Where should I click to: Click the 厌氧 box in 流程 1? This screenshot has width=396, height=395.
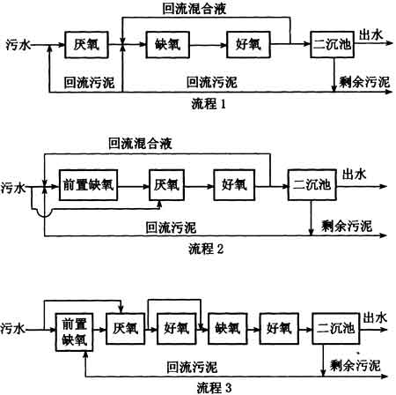click(x=86, y=45)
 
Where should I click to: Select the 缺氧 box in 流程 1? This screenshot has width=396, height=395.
click(x=168, y=45)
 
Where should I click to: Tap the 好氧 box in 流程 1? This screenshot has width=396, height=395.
click(x=248, y=45)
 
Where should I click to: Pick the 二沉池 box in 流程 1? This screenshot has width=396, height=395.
click(x=332, y=44)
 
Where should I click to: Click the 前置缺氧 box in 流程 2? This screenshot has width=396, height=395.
click(x=88, y=185)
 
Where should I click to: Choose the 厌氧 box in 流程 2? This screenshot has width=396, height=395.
click(x=166, y=185)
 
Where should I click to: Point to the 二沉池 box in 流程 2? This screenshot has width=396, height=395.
click(x=312, y=185)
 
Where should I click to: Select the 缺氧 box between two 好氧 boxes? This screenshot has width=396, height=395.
click(x=228, y=328)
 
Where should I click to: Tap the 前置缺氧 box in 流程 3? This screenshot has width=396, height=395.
click(x=74, y=332)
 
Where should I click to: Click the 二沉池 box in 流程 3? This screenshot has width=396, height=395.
click(x=335, y=328)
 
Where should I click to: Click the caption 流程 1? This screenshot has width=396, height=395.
click(x=209, y=104)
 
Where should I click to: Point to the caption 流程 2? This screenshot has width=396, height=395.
click(x=206, y=249)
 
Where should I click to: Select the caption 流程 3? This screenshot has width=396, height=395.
click(x=214, y=388)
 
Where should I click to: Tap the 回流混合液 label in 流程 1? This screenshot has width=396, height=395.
click(x=194, y=9)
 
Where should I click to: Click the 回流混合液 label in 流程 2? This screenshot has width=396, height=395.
click(x=140, y=144)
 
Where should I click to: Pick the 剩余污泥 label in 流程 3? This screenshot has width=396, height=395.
click(x=356, y=365)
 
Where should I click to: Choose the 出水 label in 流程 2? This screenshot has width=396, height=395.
click(x=354, y=174)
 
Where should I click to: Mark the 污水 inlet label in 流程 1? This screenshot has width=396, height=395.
click(x=18, y=45)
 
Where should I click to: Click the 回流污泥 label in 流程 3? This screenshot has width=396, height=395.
click(x=192, y=368)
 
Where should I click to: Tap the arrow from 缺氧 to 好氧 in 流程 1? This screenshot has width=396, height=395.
click(x=209, y=45)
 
